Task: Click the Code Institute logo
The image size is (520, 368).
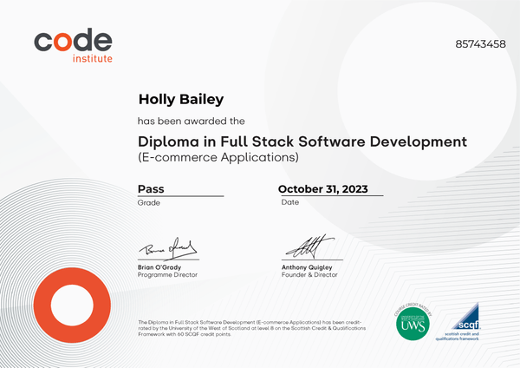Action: click(x=73, y=44)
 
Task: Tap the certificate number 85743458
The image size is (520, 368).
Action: click(x=480, y=43)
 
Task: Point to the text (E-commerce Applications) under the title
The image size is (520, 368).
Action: click(x=218, y=158)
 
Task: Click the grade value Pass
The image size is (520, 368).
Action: click(x=151, y=188)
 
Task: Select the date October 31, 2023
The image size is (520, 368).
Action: click(x=323, y=188)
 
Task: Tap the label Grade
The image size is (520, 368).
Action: click(x=149, y=202)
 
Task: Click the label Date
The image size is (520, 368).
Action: click(x=290, y=202)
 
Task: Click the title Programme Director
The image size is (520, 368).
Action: click(x=167, y=275)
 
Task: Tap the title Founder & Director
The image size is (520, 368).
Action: click(x=309, y=275)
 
